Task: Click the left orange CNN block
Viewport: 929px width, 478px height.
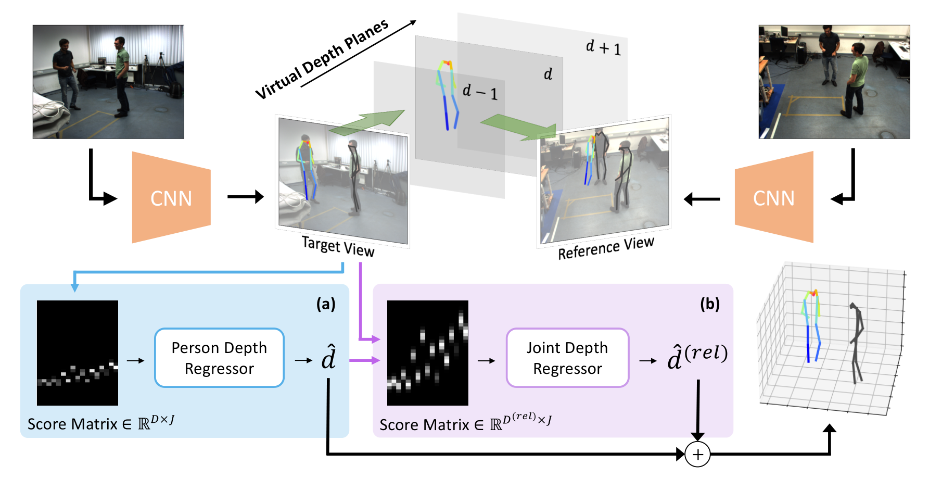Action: [171, 197]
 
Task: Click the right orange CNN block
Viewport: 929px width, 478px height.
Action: [774, 197]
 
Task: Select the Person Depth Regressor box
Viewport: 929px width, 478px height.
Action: [219, 358]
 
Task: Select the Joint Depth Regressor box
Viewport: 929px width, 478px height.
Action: [567, 358]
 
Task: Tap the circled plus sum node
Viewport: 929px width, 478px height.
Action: [697, 455]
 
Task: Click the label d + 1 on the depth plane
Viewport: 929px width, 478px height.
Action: [603, 47]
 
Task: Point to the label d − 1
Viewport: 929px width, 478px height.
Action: [480, 92]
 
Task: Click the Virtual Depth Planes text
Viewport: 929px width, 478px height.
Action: [322, 59]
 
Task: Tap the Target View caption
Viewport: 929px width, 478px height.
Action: [338, 246]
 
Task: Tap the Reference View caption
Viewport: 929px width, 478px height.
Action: [606, 248]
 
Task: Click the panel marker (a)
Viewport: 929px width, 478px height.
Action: [326, 304]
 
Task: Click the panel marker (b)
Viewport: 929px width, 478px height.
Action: [710, 304]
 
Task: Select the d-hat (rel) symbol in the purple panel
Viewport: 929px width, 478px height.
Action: [697, 356]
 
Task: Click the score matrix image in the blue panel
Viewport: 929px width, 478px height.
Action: [78, 353]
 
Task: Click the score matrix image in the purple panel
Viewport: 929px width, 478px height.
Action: [428, 353]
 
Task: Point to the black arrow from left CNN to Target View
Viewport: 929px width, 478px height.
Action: [246, 197]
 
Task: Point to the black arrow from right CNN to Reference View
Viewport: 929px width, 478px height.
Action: [702, 198]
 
